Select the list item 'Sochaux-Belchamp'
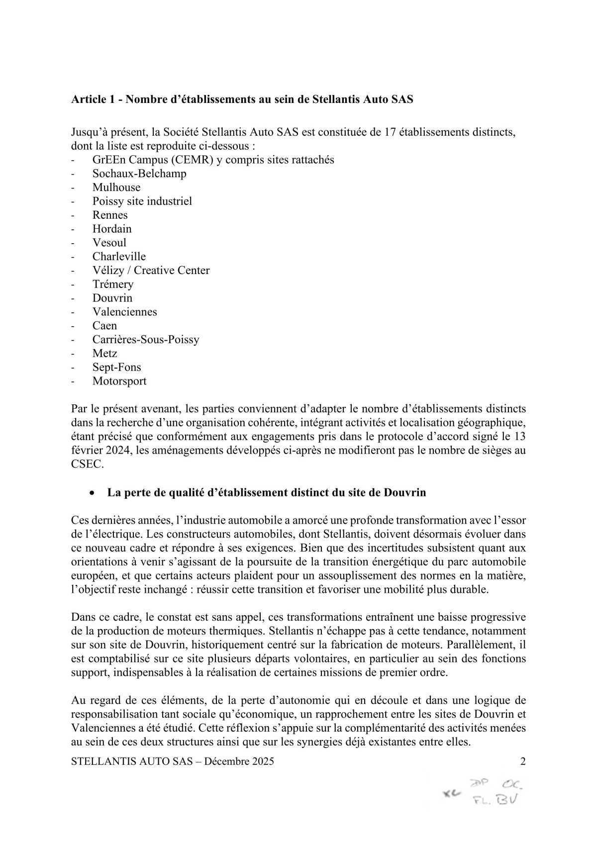[x=139, y=174]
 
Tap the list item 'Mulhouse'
[x=116, y=188]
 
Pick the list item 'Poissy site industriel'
[x=142, y=201]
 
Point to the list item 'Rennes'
[x=110, y=215]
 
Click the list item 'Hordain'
[x=112, y=229]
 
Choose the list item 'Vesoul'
[x=109, y=243]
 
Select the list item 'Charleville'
[x=119, y=257]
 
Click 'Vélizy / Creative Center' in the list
[x=151, y=271]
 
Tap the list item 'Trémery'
[x=113, y=284]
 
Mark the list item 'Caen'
[x=104, y=326]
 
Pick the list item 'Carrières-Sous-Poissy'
[x=146, y=340]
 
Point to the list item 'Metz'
[x=104, y=354]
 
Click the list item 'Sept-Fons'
[x=116, y=368]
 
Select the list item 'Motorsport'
[x=119, y=381]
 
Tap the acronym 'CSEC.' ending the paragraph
[x=86, y=465]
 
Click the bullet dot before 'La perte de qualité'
[x=92, y=493]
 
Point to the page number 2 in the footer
[x=522, y=761]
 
